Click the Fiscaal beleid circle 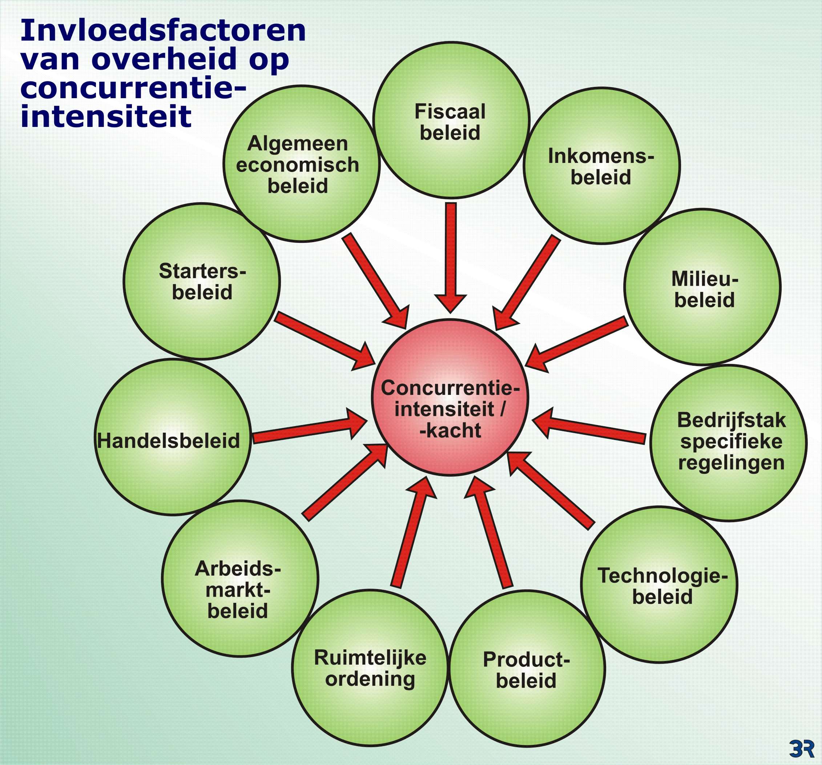point(451,120)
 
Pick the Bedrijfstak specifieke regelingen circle point(729,443)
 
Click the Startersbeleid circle point(202,281)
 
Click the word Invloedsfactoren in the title point(163,31)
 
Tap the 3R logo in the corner point(801,748)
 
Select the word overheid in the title point(165,59)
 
